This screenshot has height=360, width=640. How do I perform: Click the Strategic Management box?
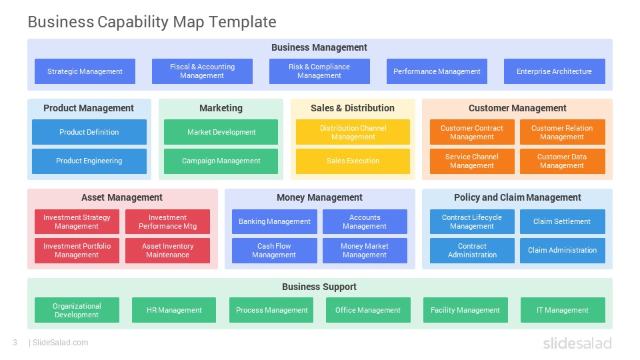point(85,71)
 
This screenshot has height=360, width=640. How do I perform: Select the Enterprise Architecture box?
point(554,71)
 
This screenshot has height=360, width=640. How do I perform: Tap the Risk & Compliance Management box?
point(319,71)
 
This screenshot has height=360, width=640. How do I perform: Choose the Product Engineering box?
point(89,161)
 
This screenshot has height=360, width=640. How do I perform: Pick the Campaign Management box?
point(221,161)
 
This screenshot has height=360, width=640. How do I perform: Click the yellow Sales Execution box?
point(353,161)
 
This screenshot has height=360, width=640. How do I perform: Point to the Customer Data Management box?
point(563,161)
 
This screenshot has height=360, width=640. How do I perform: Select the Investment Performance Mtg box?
point(167,221)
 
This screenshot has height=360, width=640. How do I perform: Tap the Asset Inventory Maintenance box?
point(167,251)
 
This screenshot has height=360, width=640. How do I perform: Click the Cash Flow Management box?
point(274,251)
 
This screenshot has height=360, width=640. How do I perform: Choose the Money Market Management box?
point(365,251)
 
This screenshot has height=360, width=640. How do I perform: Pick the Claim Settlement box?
point(563,221)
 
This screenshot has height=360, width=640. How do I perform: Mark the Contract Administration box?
point(472,251)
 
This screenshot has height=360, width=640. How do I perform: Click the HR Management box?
point(174,310)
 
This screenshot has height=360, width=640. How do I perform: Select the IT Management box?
point(563,310)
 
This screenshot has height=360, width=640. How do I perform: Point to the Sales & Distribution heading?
point(353,108)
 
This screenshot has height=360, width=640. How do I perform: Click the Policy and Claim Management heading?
point(517,197)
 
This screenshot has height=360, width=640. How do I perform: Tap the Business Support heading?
point(319,287)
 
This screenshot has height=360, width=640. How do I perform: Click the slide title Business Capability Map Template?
point(152,22)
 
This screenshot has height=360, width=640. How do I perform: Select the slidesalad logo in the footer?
point(577,343)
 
